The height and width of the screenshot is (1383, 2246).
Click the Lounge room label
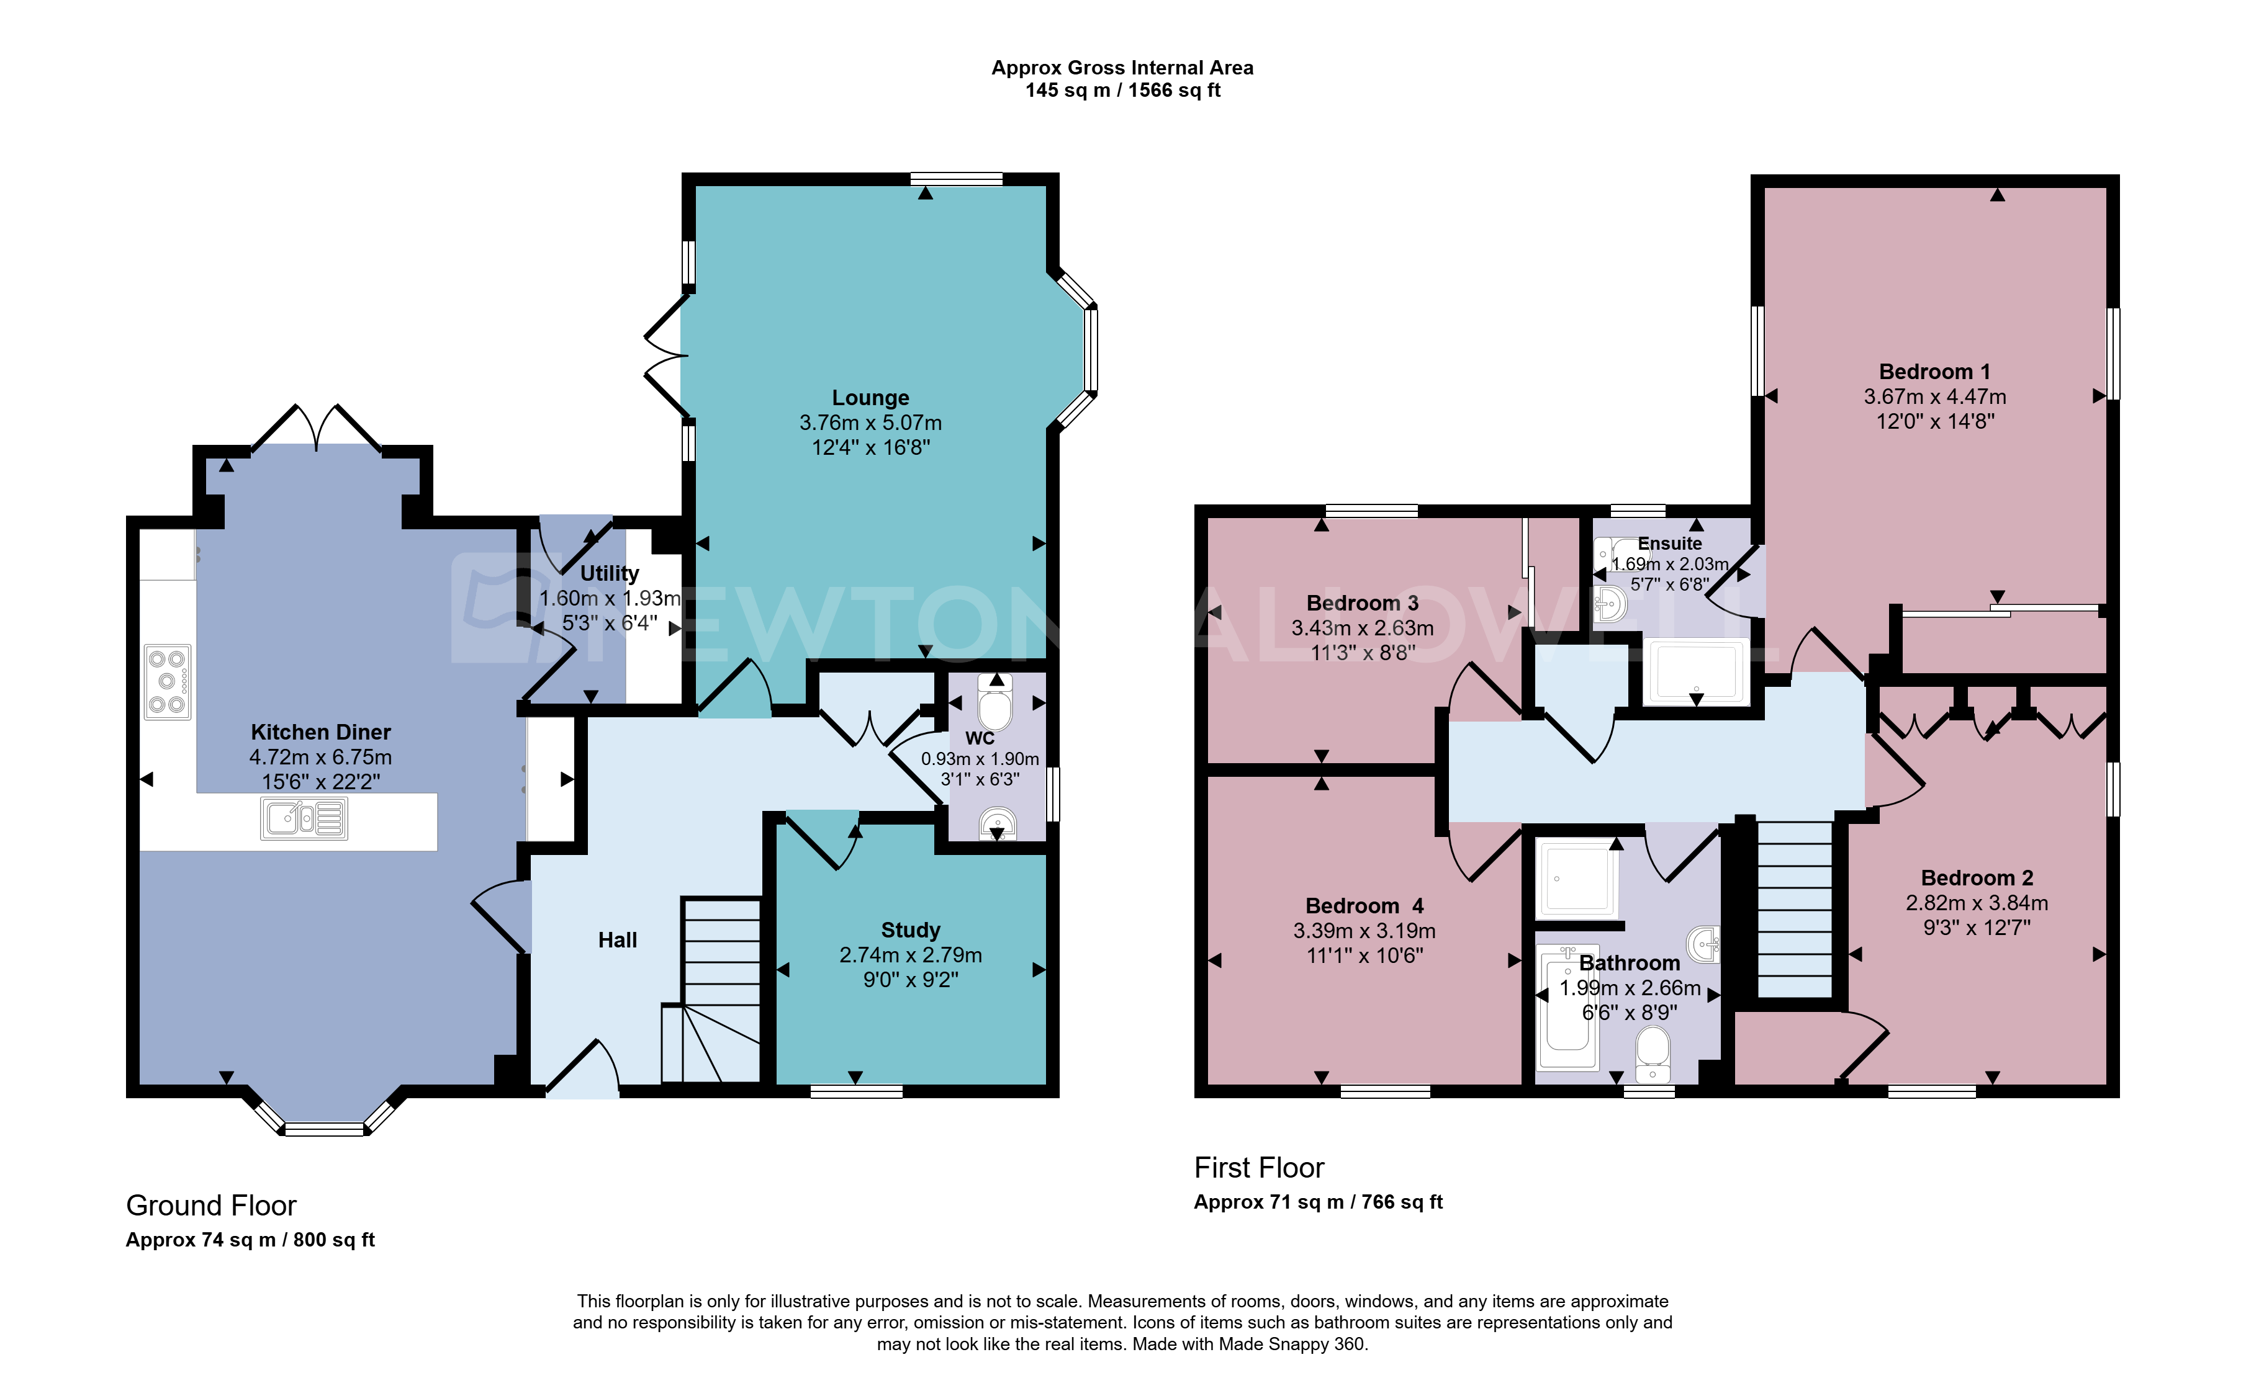(x=870, y=398)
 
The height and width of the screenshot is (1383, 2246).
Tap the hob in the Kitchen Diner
(x=168, y=681)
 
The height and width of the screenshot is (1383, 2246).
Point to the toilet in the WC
(x=995, y=700)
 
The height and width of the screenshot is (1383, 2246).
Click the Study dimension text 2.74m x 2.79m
(x=910, y=955)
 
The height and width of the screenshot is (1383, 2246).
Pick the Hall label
(x=618, y=940)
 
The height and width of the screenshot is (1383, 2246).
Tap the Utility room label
(x=610, y=573)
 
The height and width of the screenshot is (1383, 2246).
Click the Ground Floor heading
(x=211, y=1206)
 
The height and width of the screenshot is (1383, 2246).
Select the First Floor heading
(x=1259, y=1168)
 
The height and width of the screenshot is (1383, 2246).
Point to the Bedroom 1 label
(x=1934, y=372)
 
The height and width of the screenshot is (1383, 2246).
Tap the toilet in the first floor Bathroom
(x=1653, y=1055)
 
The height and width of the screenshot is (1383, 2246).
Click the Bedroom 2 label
(x=1977, y=878)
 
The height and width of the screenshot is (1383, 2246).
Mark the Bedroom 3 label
(x=1362, y=604)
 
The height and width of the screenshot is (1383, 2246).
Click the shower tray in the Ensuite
(x=1695, y=673)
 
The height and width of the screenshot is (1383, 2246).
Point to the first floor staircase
(x=1794, y=909)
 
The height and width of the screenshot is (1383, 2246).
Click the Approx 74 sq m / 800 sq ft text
(x=250, y=1240)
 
